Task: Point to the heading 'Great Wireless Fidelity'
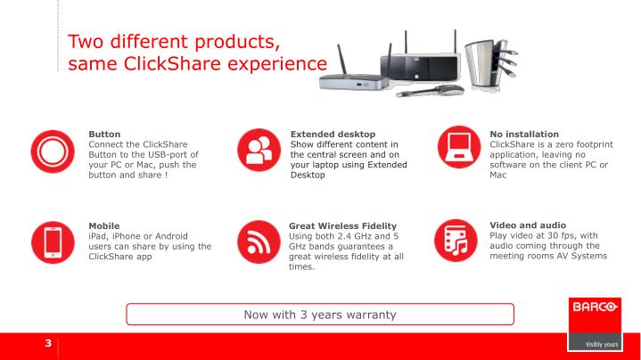tap(342, 226)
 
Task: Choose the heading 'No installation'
tap(524, 135)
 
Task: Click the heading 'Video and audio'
tap(528, 225)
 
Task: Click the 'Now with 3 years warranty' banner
tap(320, 314)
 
